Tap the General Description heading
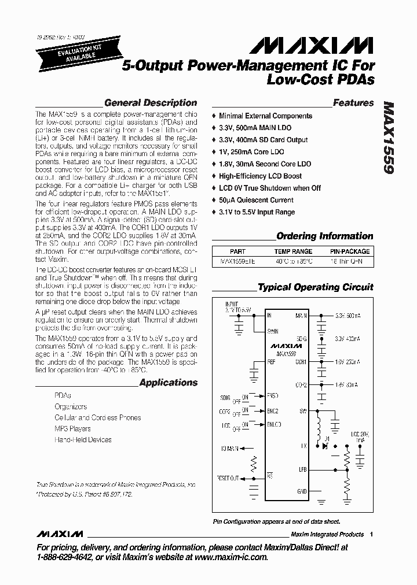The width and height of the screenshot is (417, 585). [x=151, y=103]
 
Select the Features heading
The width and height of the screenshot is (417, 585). [x=353, y=103]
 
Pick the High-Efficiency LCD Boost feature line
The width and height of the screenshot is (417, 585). [x=260, y=176]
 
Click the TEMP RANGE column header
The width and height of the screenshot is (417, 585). [x=292, y=251]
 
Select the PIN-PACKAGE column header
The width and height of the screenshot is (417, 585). [x=350, y=251]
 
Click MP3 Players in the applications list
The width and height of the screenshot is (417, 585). [x=72, y=429]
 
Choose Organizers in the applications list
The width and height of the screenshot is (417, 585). [x=71, y=407]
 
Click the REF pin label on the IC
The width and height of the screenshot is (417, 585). [x=271, y=362]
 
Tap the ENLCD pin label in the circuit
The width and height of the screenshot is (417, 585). [x=275, y=425]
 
